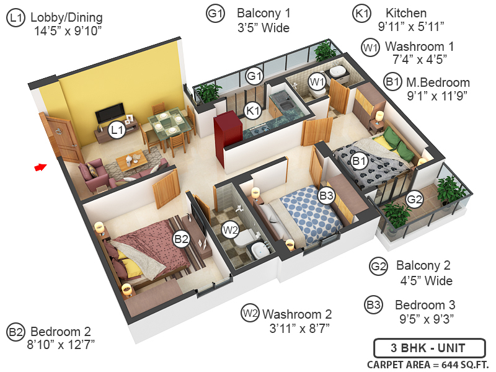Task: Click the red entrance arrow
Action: click(x=40, y=167)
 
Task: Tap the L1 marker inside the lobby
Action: click(x=116, y=130)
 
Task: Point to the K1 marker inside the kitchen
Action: click(x=252, y=111)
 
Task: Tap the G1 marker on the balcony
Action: click(x=254, y=76)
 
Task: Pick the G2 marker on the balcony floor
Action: click(x=414, y=200)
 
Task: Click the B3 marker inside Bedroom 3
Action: click(x=327, y=195)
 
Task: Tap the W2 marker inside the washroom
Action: click(x=231, y=230)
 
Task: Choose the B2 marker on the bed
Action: click(x=181, y=238)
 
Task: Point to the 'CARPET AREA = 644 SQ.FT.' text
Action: click(x=428, y=364)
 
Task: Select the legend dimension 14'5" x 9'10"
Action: click(x=69, y=30)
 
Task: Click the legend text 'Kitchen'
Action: click(x=406, y=13)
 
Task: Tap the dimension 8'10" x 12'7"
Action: click(x=60, y=343)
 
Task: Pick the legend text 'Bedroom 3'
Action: click(x=425, y=305)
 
